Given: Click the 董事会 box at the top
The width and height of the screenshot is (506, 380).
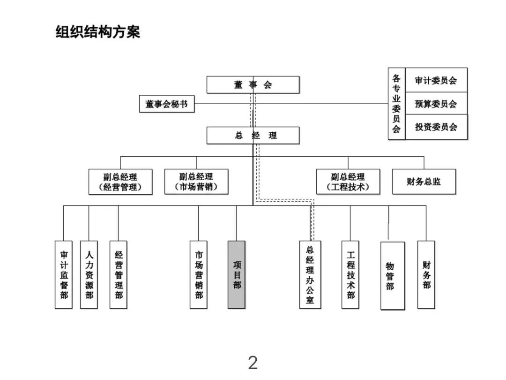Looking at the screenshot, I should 253,84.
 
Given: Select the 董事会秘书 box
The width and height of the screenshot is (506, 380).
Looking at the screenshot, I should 166,104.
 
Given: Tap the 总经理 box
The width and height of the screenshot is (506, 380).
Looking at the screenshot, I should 253,136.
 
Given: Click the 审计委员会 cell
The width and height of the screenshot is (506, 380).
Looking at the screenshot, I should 436,80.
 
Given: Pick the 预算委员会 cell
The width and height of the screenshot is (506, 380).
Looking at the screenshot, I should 436,104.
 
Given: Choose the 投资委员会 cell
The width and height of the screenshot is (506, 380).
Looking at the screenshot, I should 436,127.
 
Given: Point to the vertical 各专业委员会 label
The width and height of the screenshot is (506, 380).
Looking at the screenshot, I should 396,104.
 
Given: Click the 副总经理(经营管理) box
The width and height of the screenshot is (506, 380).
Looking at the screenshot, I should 120,182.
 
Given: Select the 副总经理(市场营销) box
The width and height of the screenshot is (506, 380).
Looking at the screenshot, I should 196,182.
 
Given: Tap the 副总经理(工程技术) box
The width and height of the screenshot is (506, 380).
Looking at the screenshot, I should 348,182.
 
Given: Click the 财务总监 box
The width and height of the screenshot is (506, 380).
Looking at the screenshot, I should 424,182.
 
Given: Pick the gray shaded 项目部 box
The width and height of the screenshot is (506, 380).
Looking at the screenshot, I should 237,274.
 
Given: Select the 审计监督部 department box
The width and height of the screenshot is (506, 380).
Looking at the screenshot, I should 64,274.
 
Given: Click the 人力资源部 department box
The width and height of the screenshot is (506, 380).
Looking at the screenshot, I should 89,274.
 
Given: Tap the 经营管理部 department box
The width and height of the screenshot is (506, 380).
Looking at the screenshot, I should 119,274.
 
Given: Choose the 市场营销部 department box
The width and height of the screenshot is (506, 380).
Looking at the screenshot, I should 199,274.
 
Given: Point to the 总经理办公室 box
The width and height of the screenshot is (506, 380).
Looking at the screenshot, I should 310,274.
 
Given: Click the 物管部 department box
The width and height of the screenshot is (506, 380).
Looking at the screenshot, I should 392,276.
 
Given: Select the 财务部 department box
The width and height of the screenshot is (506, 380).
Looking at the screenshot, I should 426,274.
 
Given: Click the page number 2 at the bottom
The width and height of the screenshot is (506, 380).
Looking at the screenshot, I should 253,363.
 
